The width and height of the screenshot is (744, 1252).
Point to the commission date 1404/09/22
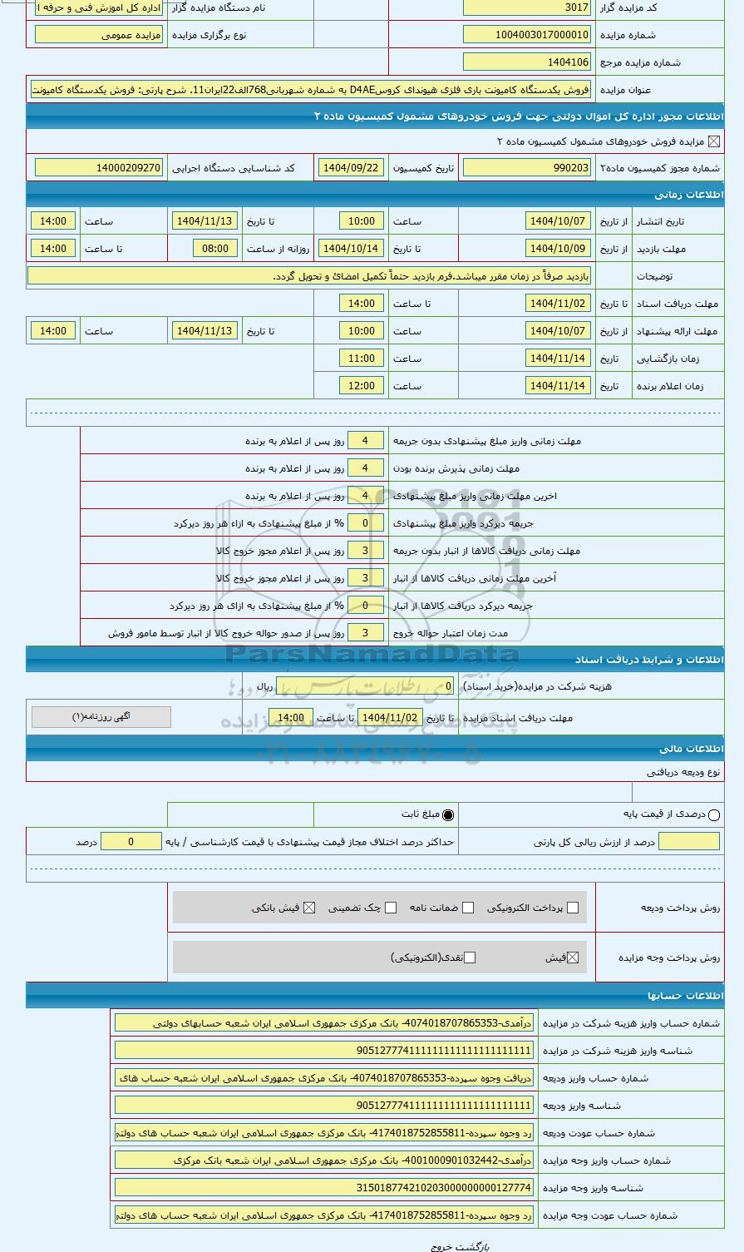[x=350, y=168]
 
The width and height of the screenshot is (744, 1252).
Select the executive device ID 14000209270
[x=99, y=168]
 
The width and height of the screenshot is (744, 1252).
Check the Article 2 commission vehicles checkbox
[x=714, y=141]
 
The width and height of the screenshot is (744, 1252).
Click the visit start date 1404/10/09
[x=558, y=249]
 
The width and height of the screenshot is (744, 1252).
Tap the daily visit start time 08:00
[x=215, y=249]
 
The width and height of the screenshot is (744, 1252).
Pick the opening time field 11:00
[x=362, y=359]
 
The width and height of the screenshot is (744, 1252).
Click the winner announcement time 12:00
[x=362, y=386]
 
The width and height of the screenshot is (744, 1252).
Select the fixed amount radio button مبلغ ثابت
[x=449, y=815]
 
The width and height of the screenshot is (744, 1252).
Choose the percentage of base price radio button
[x=714, y=815]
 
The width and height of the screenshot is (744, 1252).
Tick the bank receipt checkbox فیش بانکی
[x=309, y=908]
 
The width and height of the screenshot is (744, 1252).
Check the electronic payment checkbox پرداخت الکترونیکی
[x=572, y=908]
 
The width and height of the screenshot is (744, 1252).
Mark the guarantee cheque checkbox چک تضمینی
[x=391, y=908]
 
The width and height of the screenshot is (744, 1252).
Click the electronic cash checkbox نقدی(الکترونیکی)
[x=470, y=958]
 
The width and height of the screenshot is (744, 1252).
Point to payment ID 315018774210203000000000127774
[x=324, y=1188]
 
